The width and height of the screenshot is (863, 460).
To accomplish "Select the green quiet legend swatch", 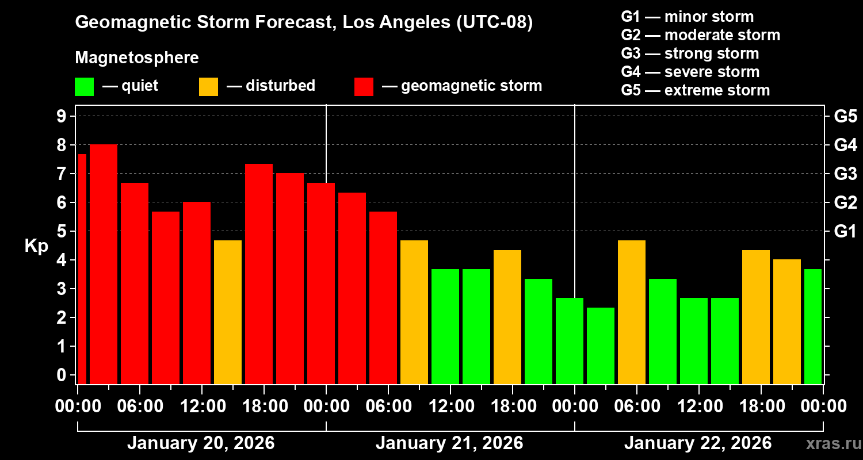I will (84, 87).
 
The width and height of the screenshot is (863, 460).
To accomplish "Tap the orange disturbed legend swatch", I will (208, 87).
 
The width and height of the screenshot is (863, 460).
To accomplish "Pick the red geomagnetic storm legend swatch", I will (364, 87).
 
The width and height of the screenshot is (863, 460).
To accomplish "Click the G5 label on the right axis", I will (845, 117).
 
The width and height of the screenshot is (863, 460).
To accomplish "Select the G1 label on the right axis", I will (845, 232).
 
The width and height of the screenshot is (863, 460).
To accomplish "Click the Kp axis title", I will (36, 246).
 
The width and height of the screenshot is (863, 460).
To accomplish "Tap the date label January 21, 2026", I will (449, 443).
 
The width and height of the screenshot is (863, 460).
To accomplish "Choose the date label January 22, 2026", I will (698, 443).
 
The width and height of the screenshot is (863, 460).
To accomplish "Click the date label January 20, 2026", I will (201, 443).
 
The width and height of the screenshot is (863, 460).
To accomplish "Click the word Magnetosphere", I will (137, 58).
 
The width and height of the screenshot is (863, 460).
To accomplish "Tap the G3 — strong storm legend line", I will (690, 53).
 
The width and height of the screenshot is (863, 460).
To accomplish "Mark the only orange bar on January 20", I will (228, 312).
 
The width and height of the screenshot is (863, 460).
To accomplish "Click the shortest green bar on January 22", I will (601, 345).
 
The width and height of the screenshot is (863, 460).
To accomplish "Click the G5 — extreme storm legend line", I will (695, 90).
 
